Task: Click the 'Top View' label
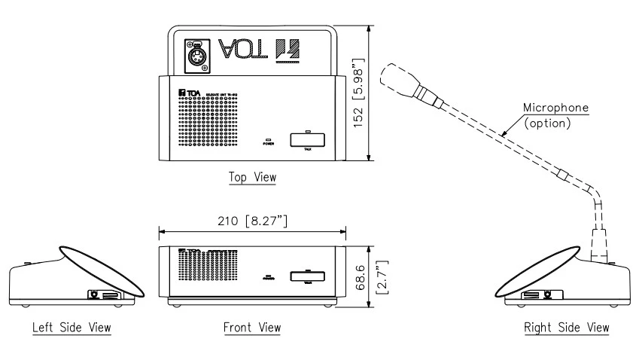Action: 253,177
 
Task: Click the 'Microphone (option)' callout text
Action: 556,115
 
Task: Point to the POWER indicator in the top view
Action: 268,142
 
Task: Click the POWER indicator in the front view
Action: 268,276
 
